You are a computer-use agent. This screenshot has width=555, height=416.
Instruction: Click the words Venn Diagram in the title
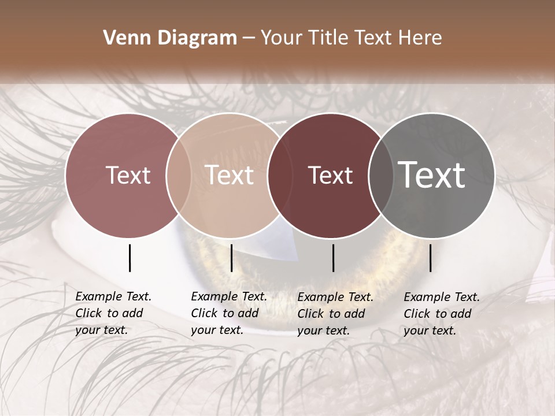coord(170,38)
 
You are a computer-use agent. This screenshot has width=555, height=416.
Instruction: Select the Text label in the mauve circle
coord(128,175)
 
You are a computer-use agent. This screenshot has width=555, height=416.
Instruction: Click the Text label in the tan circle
coord(230,175)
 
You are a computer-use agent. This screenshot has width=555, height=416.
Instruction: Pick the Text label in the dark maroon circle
coord(331,176)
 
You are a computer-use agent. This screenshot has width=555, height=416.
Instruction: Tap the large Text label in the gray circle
coord(432,174)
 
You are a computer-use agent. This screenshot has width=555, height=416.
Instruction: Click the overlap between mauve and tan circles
coord(179,175)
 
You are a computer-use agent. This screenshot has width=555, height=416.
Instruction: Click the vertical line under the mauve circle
coord(129,258)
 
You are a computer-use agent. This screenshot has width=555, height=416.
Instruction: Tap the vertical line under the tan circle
coord(231,258)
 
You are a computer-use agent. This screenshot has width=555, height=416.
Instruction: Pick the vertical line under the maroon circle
coord(333,258)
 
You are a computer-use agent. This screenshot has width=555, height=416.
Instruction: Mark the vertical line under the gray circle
coord(430,258)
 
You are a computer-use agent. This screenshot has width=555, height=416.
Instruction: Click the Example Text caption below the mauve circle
coord(113,313)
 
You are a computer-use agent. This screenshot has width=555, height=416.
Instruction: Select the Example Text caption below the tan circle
coord(229,313)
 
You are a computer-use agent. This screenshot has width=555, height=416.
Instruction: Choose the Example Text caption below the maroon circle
coord(335,314)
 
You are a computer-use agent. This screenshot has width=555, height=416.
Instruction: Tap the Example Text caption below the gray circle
coord(442,314)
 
